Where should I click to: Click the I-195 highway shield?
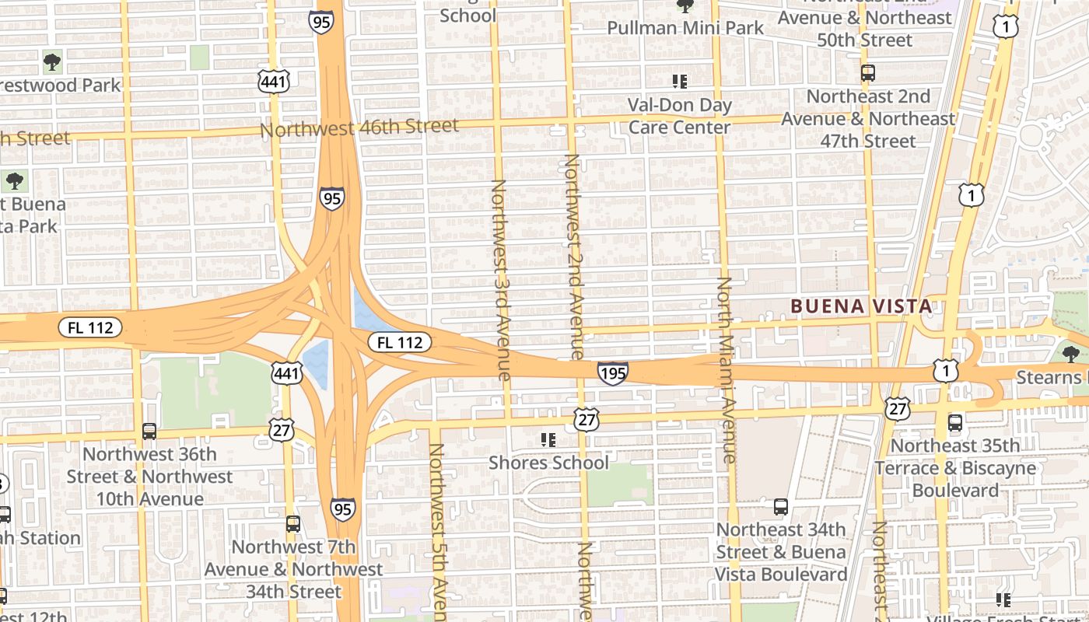coord(613,374)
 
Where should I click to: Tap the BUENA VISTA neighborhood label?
coord(861,306)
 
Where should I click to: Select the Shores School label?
coord(548,463)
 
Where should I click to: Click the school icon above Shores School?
coord(548,440)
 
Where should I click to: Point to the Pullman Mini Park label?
coord(685,28)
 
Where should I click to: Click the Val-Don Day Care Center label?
coord(680,116)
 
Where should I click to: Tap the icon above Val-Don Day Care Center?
coord(680,81)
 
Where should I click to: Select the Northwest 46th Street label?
coord(359,127)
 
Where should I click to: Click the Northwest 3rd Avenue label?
coord(500,280)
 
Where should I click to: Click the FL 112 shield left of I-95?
coord(90,327)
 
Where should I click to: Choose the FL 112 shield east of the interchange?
coord(400,342)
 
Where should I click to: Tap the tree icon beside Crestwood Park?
coord(52,61)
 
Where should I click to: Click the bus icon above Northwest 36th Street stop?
coord(149,431)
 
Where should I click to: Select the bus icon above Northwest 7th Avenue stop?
coord(292,523)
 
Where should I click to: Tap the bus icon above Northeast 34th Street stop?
coord(781,507)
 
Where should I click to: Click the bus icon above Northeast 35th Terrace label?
coord(955,423)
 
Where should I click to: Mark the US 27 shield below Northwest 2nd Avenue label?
coord(587,420)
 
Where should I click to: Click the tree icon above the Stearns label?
coord(1070,355)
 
